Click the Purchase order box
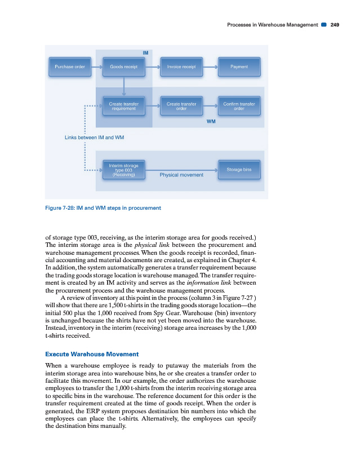coord(70,67)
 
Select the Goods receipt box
coord(124,67)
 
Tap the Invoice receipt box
coord(181,67)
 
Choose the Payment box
coord(239,67)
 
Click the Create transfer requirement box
coord(124,106)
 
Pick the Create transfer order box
coord(181,106)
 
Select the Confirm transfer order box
coord(239,106)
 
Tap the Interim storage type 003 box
coord(124,169)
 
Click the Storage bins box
coord(239,169)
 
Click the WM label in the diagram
coord(211,121)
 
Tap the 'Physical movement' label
coord(181,175)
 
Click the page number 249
coord(335,24)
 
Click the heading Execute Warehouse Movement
coord(91,354)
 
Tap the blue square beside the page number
coord(324,24)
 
